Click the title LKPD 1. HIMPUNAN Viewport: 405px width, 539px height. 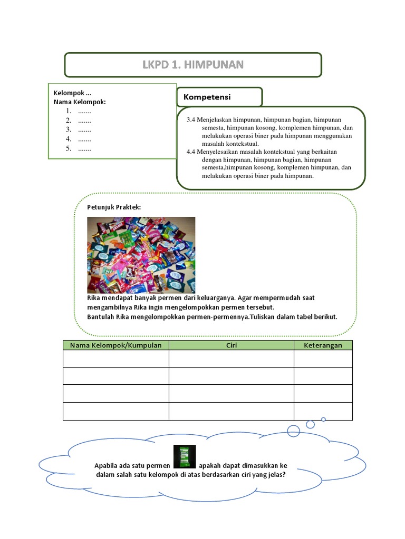[x=192, y=65]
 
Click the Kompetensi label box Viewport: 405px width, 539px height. [x=219, y=97]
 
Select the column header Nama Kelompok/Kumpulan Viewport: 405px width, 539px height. [x=116, y=345]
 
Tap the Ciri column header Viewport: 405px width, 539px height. [x=231, y=345]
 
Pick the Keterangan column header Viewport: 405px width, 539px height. [x=323, y=345]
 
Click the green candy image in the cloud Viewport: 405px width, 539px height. [x=185, y=456]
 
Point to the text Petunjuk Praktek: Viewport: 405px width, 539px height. [x=114, y=207]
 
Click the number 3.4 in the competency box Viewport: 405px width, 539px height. [x=191, y=120]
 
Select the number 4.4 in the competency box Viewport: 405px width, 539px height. [x=191, y=152]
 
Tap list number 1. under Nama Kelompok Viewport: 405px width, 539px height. [x=69, y=111]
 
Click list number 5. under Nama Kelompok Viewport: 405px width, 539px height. [x=69, y=149]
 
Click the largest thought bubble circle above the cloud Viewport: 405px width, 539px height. [x=295, y=431]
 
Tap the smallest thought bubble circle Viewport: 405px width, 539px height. [x=323, y=420]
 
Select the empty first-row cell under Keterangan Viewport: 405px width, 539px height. [x=323, y=358]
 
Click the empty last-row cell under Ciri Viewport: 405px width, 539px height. [x=231, y=412]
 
